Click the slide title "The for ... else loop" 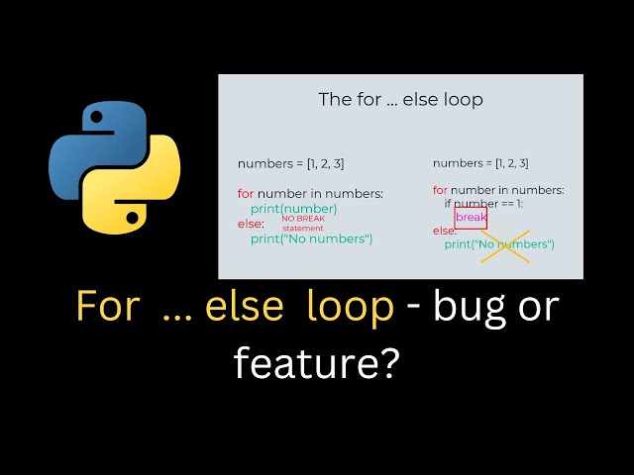pos(400,100)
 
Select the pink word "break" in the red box pos(471,217)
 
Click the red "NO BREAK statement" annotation pos(303,223)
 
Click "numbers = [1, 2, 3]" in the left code pos(290,163)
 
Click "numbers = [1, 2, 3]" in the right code pos(480,163)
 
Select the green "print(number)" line pos(293,209)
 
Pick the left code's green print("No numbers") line pos(311,238)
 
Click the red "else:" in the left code pos(251,225)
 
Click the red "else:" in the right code pos(445,231)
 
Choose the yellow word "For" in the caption pos(107,308)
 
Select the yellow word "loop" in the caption pos(351,308)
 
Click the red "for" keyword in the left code pos(245,193)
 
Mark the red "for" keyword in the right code pos(440,190)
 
